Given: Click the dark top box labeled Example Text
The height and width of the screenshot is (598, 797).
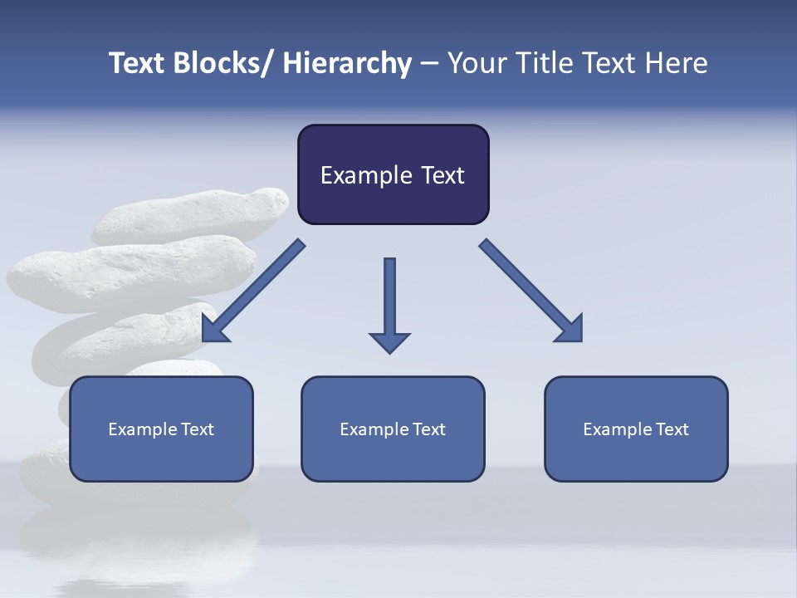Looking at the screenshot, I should click(393, 174).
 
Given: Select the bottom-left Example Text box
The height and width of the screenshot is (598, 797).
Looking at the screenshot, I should click(161, 429).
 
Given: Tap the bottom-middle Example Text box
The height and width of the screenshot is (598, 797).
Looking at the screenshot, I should click(393, 429).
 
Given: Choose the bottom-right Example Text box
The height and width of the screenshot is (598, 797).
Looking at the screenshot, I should click(636, 429).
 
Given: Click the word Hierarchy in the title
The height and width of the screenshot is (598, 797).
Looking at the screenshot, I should click(347, 63).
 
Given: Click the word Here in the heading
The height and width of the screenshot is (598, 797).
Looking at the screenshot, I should click(676, 63).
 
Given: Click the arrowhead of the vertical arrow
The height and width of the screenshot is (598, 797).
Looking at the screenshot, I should click(389, 342).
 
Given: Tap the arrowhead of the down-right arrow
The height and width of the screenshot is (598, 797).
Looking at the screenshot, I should click(571, 330).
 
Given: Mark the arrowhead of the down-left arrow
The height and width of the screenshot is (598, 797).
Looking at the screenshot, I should click(214, 330).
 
